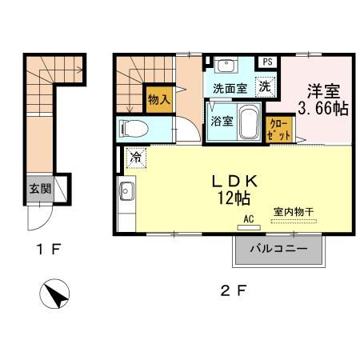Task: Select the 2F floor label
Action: click(233, 290)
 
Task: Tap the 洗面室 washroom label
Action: click(229, 88)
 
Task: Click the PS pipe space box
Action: click(266, 62)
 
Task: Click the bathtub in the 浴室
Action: click(248, 122)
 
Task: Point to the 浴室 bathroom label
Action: click(222, 122)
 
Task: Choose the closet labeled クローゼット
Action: click(280, 129)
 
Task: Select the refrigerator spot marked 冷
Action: click(137, 158)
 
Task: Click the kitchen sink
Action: click(126, 191)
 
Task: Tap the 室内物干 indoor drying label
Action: click(295, 212)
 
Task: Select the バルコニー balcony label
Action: click(278, 249)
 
